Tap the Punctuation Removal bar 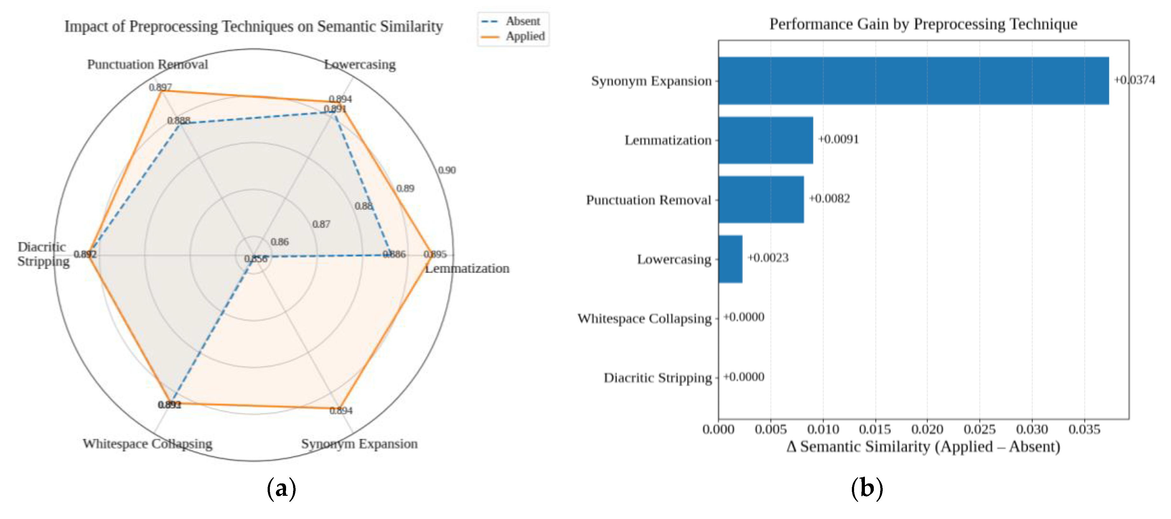(x=761, y=200)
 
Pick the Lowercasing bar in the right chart (x=730, y=259)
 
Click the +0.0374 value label (x=1134, y=80)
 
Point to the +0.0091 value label (x=839, y=139)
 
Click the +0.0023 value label (x=768, y=258)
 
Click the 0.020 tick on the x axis (x=927, y=429)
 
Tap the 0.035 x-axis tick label (x=1085, y=429)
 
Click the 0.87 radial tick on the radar (x=321, y=224)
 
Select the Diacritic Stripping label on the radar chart (x=43, y=254)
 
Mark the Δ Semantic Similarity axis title (x=923, y=447)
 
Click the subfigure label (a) (x=281, y=488)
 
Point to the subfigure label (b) (x=866, y=488)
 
